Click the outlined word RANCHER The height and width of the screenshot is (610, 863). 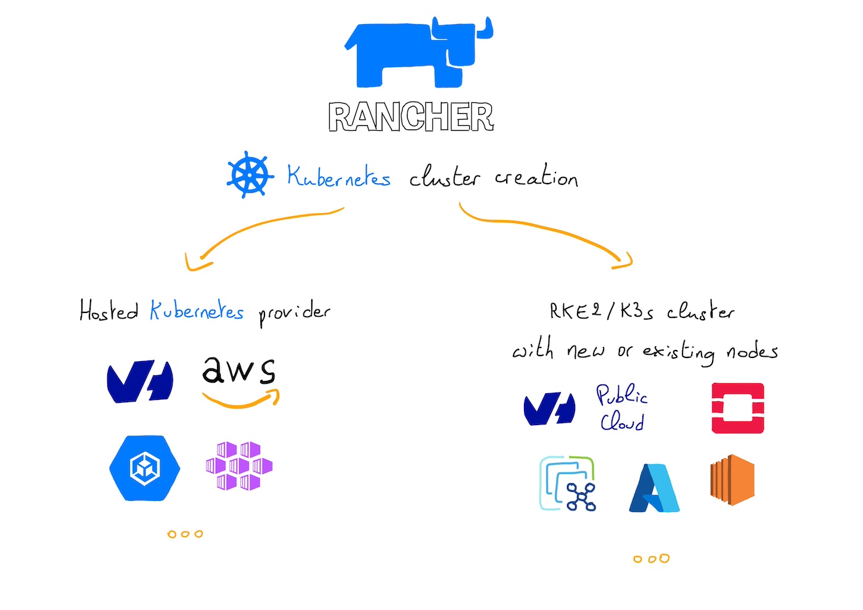[411, 117]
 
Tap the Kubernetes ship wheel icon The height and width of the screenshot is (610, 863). [250, 175]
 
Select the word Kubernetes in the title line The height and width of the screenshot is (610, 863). [338, 177]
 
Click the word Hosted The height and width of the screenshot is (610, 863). [108, 311]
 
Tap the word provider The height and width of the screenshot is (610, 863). [294, 312]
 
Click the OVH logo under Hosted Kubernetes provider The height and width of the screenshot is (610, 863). [140, 382]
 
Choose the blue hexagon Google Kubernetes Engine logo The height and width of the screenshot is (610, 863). [145, 468]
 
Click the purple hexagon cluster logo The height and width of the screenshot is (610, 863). [239, 465]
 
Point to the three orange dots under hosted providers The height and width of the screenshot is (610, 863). [185, 534]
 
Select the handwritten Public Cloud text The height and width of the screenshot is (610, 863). [621, 408]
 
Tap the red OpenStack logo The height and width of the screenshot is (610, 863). [738, 408]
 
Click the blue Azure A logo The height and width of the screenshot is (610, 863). [654, 488]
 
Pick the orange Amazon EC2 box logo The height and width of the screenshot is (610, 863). [732, 480]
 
